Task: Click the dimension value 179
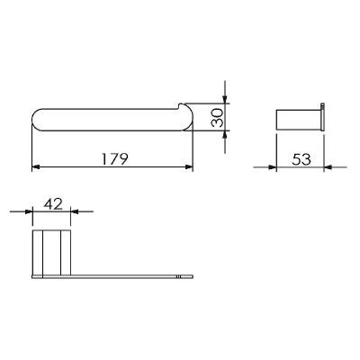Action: click(114, 159)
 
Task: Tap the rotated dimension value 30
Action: click(218, 117)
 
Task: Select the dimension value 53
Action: click(301, 159)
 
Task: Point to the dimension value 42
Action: click(53, 204)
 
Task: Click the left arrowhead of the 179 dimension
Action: click(36, 166)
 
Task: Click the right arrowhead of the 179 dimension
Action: click(189, 166)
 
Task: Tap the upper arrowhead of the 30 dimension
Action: click(225, 100)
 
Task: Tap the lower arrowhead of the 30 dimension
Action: click(225, 134)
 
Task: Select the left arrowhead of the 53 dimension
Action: click(272, 167)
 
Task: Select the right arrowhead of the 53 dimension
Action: click(328, 167)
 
